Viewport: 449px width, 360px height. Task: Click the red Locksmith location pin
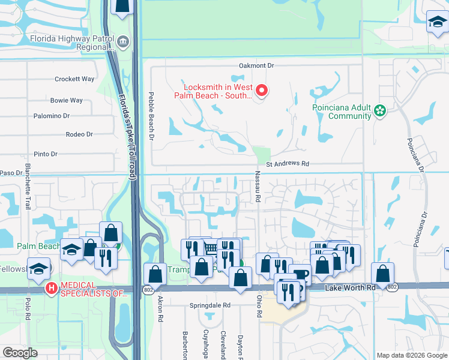coord(262,91)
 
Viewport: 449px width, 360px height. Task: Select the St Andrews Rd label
coord(287,163)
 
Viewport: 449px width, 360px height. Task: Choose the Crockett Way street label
coord(74,79)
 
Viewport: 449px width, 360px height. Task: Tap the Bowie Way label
coord(67,100)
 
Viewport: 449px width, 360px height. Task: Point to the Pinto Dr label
coord(46,154)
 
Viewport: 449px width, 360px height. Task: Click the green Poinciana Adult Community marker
coord(379,110)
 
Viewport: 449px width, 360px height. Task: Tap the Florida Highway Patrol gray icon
coord(123,41)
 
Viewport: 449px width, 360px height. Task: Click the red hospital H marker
coord(52,288)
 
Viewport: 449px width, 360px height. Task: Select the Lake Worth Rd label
coord(350,288)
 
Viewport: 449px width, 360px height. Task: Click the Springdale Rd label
coord(210,305)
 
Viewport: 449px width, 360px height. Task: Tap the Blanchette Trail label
coord(28,186)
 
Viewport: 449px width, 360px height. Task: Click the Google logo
coord(20,353)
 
